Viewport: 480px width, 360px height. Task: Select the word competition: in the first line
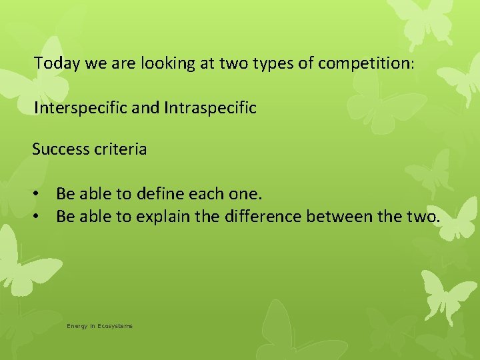[x=367, y=64]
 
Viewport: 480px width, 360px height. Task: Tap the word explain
[x=162, y=217]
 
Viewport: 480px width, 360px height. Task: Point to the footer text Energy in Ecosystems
[x=99, y=326]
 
